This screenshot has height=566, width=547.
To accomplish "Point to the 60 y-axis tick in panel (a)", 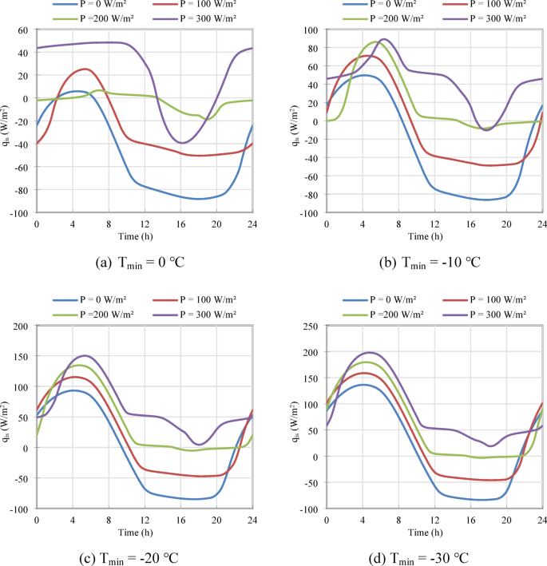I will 22,30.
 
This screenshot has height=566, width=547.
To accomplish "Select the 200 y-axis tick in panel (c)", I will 20,326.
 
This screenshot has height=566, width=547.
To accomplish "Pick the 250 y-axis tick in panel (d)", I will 309,326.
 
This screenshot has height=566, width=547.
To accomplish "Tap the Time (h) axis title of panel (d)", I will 434,530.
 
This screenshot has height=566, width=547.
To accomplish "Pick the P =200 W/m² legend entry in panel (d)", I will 390,311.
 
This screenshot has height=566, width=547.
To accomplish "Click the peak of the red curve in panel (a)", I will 85,69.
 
